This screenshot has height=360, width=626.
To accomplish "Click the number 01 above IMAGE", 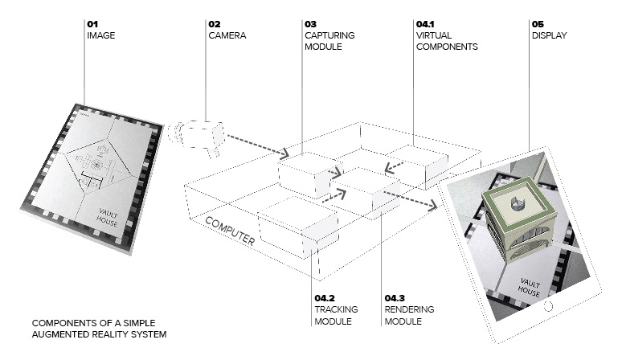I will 92,24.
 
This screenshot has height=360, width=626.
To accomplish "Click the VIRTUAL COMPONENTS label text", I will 447,41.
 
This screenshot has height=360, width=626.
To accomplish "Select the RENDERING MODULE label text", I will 409,315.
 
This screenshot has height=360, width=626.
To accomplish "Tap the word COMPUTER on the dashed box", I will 231,230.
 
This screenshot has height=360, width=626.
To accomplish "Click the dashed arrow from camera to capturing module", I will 257,144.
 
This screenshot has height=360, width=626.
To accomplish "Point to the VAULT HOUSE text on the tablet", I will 530,287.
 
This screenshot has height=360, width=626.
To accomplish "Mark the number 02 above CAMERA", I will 215,24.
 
